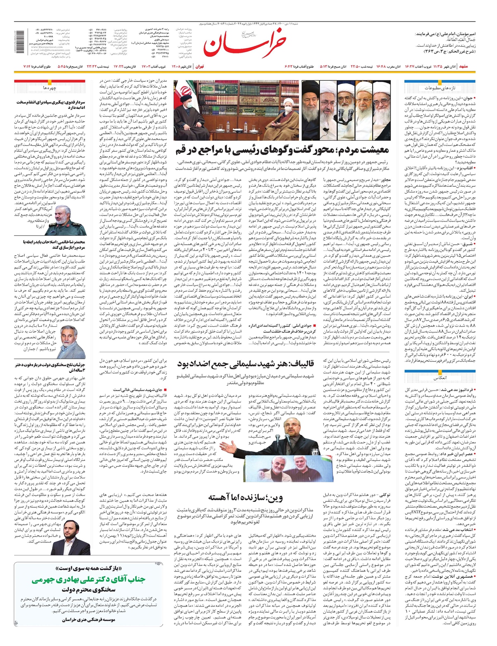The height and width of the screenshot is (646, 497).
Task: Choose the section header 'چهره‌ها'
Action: (49, 88)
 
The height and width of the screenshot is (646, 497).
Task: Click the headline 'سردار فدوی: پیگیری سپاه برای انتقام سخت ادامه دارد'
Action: (50, 104)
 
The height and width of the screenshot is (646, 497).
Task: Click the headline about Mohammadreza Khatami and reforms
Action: (49, 244)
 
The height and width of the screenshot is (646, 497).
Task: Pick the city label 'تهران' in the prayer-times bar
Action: (200, 67)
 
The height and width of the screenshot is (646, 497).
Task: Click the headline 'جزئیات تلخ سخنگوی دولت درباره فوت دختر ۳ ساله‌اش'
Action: (50, 367)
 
